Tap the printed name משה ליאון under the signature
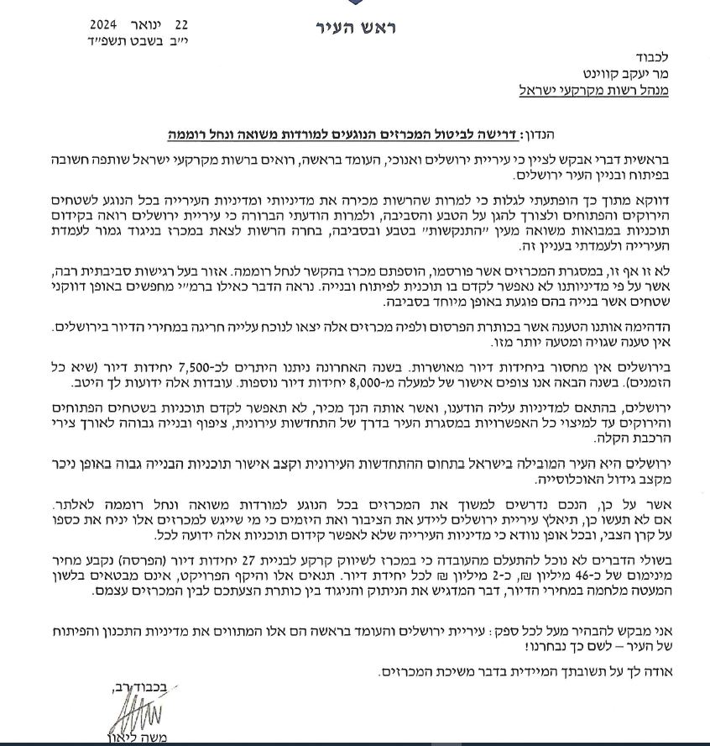click(x=135, y=739)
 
